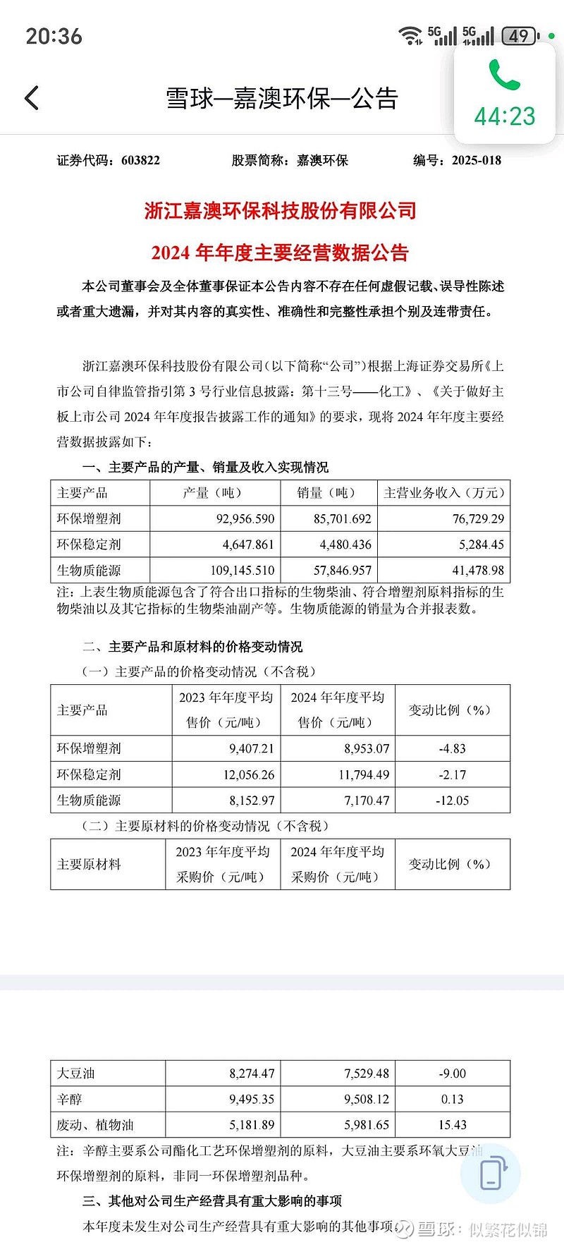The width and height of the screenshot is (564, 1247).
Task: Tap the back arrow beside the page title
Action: pyautogui.click(x=32, y=98)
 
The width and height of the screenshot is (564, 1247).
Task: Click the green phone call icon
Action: pyautogui.click(x=504, y=74)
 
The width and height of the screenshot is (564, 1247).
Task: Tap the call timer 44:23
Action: pyautogui.click(x=505, y=116)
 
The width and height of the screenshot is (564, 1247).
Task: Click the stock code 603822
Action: pyautogui.click(x=140, y=160)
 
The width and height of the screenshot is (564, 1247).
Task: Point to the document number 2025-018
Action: pyautogui.click(x=477, y=160)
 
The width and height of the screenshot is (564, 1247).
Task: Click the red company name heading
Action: pyautogui.click(x=280, y=210)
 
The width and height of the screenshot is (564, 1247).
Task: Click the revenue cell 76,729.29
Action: pyautogui.click(x=478, y=518)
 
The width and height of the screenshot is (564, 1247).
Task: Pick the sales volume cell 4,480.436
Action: pyautogui.click(x=345, y=545)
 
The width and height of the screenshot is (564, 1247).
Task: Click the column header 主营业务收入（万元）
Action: pyautogui.click(x=443, y=493)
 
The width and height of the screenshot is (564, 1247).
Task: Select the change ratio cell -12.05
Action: pyautogui.click(x=452, y=801)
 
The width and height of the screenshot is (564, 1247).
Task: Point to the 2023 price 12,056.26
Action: pyautogui.click(x=248, y=774)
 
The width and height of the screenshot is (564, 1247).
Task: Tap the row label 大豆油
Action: pyautogui.click(x=75, y=1073)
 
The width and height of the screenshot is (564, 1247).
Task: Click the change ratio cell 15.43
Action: pyautogui.click(x=452, y=1125)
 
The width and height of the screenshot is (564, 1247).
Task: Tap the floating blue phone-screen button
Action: pyautogui.click(x=491, y=1173)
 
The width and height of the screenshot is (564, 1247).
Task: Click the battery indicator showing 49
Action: pyautogui.click(x=520, y=36)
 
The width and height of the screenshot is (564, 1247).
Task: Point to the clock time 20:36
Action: pyautogui.click(x=54, y=36)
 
